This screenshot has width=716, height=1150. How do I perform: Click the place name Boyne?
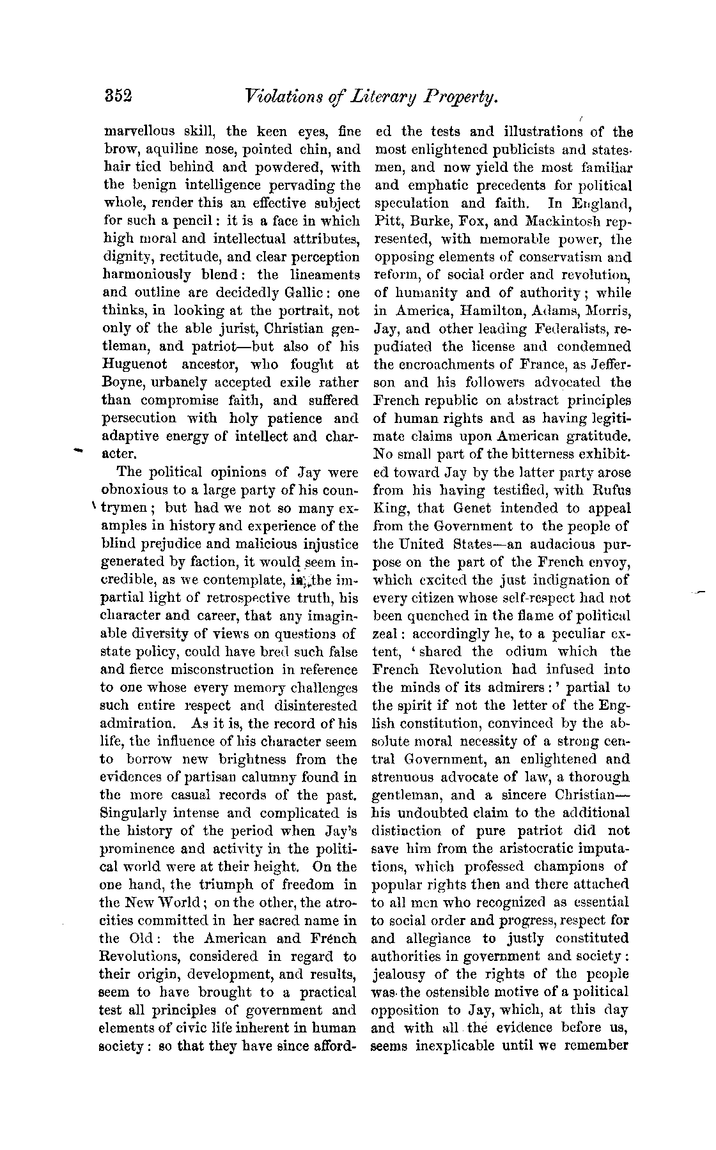pyautogui.click(x=121, y=383)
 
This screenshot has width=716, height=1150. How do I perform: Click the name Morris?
pyautogui.click(x=608, y=311)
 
